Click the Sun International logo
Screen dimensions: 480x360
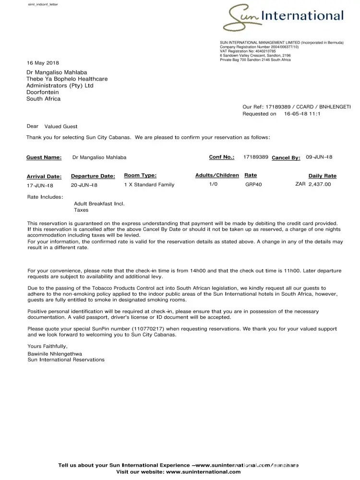(283, 17)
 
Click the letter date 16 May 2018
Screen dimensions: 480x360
(43, 63)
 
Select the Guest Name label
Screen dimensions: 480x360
(44, 157)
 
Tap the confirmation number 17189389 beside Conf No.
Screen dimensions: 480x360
(256, 157)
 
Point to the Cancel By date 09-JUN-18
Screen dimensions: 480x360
(319, 157)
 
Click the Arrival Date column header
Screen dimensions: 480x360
(44, 177)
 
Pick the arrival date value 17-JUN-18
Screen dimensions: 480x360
(40, 185)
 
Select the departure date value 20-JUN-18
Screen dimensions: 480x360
(84, 185)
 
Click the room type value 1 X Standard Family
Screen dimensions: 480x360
(149, 185)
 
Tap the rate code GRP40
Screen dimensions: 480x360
(253, 185)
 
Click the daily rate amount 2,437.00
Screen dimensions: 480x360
(320, 184)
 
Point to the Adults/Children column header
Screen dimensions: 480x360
(217, 176)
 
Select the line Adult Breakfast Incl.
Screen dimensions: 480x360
(99, 204)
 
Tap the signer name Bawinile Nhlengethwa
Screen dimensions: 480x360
(55, 354)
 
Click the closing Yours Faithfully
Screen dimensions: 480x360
(48, 346)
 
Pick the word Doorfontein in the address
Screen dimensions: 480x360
(43, 92)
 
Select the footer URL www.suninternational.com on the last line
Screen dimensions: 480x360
(204, 472)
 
